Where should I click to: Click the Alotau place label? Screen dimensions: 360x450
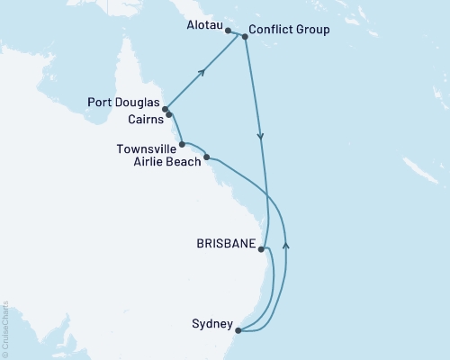coord(204,30)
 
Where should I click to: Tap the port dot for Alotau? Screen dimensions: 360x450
coord(228,31)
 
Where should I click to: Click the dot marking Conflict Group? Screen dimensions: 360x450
coord(244,36)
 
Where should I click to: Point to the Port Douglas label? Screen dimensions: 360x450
coord(127,103)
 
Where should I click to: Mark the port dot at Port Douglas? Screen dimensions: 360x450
coord(165,110)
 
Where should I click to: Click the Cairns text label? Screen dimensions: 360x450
coord(142,117)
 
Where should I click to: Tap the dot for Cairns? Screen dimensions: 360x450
coord(169,115)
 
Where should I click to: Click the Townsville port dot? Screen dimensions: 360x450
coord(183,144)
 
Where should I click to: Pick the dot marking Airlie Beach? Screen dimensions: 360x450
coord(208,157)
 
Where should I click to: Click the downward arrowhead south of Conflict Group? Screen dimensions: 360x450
coord(261,137)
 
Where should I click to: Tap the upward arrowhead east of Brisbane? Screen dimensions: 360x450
coord(286,243)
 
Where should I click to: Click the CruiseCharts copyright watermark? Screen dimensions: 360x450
coord(5,328)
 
